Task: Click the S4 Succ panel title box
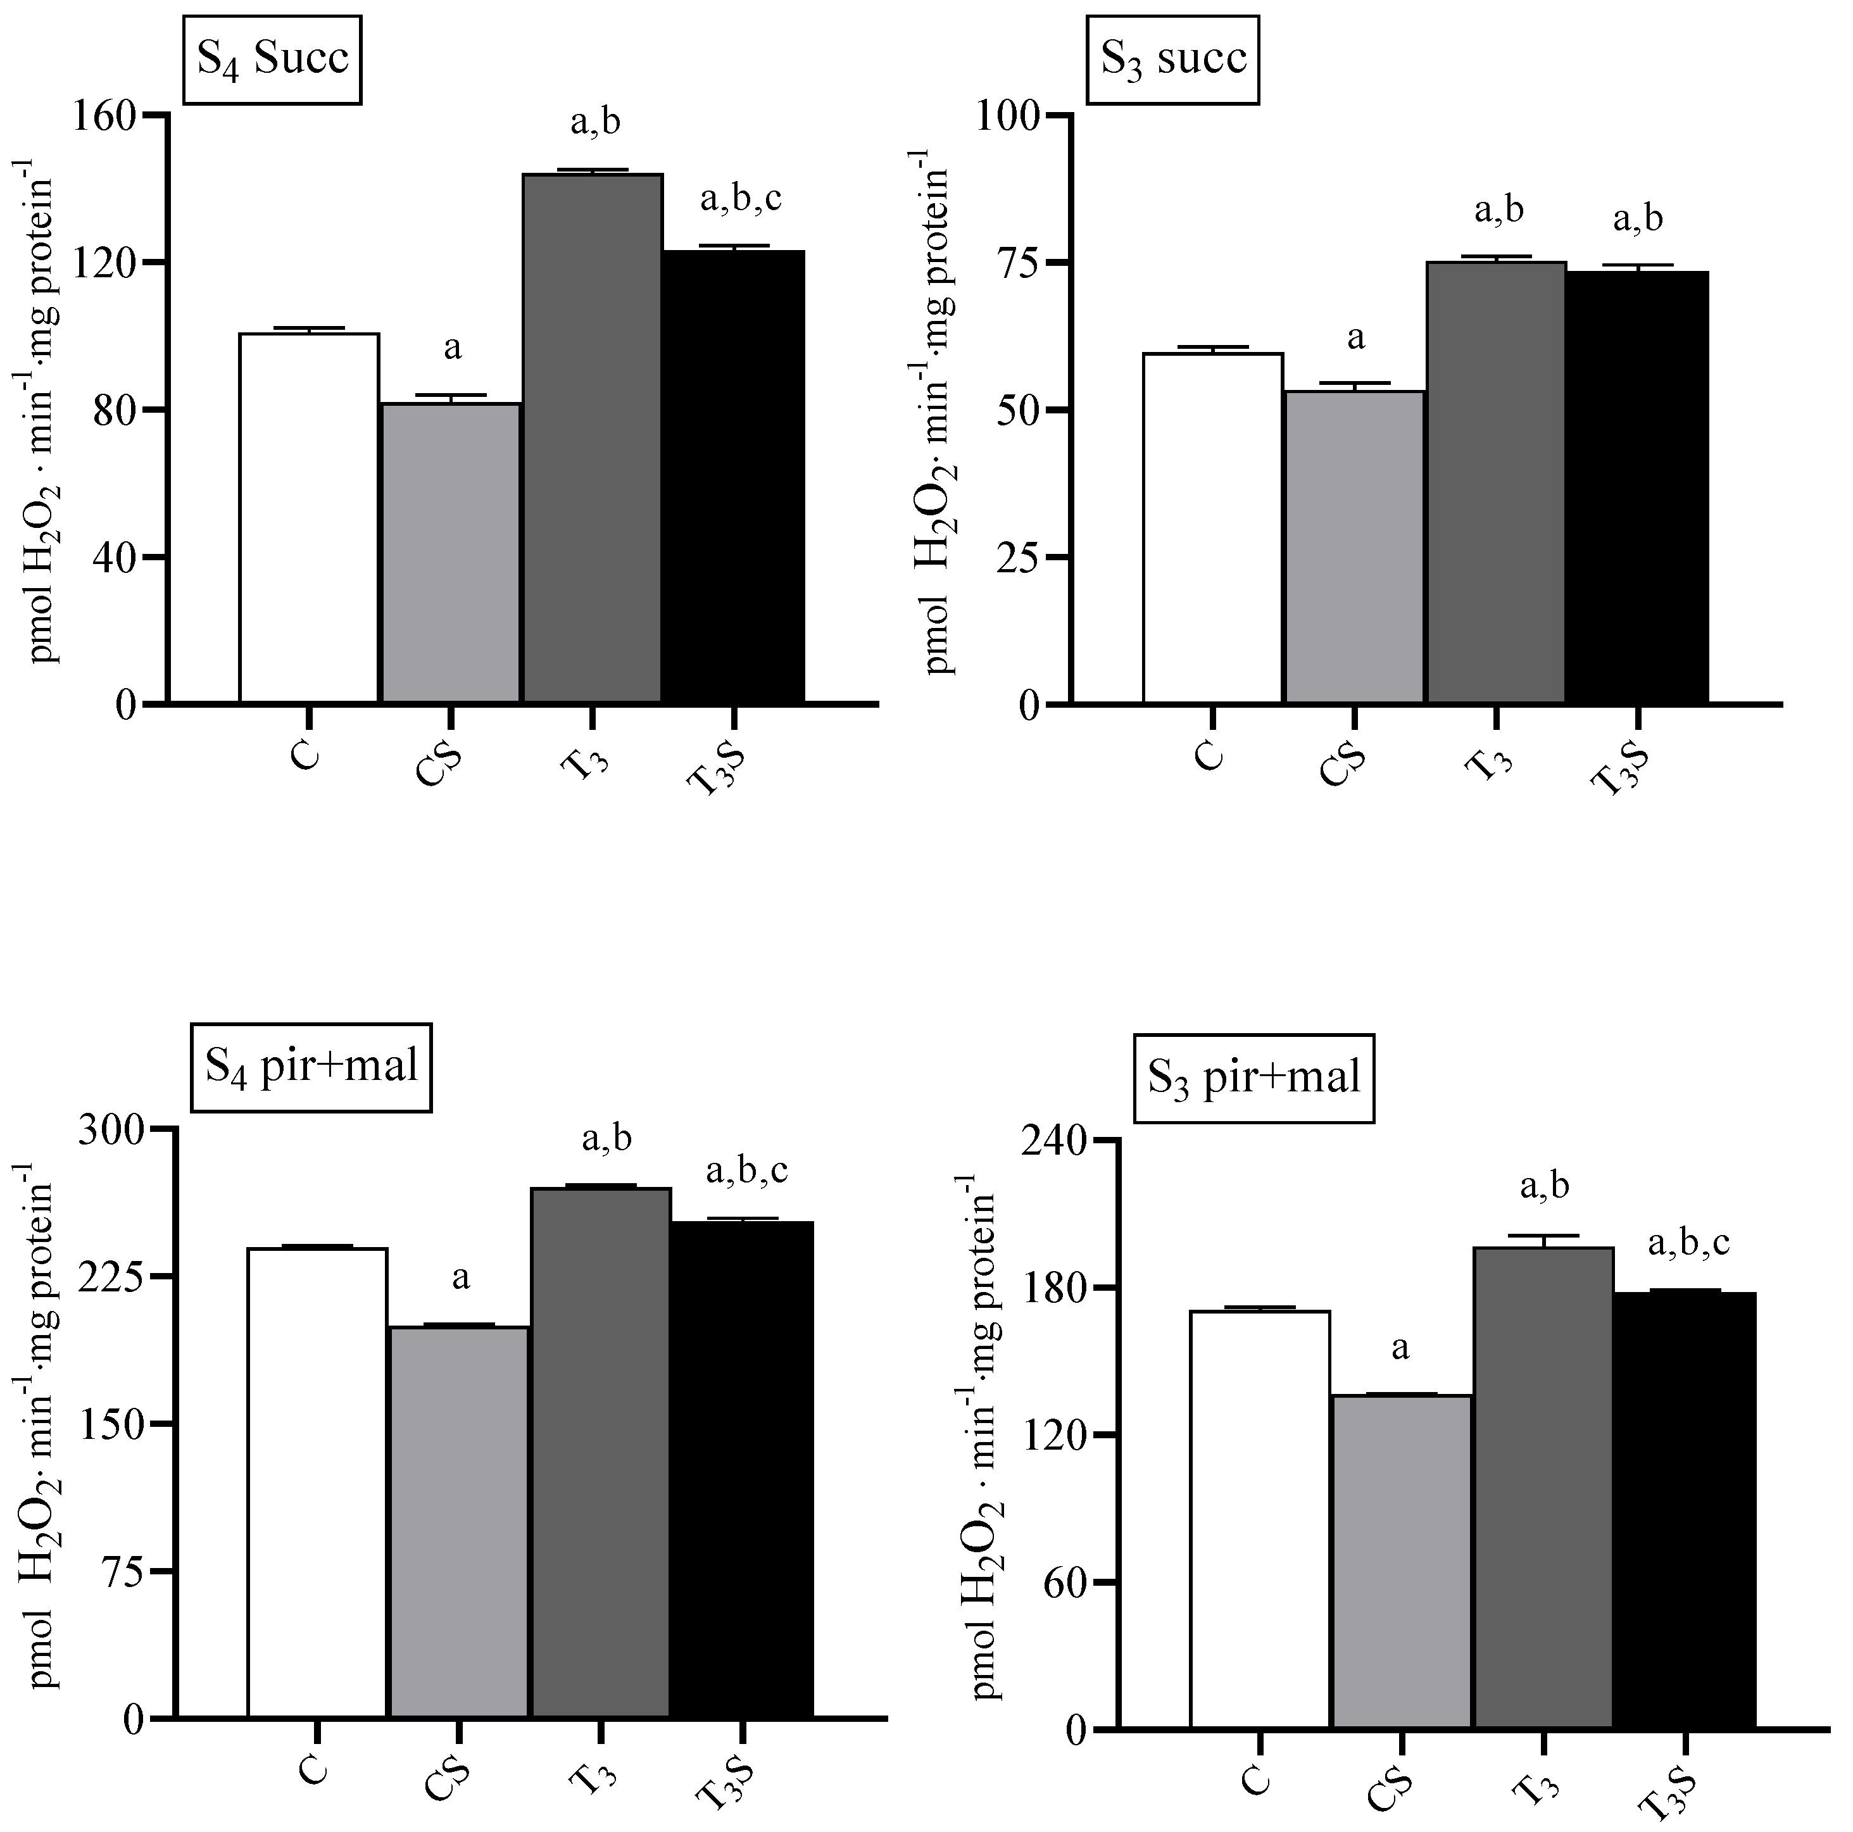(x=272, y=60)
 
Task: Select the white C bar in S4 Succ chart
(x=309, y=518)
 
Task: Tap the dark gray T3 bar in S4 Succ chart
(x=592, y=438)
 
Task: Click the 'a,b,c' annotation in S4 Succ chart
(x=741, y=199)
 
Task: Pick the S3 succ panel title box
(x=1173, y=60)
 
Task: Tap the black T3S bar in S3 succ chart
(x=1637, y=487)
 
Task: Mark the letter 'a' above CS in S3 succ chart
(x=1355, y=337)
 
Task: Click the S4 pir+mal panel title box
(x=311, y=1067)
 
